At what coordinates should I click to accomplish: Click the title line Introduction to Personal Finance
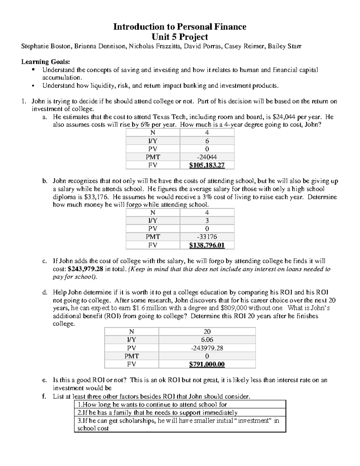[179, 27]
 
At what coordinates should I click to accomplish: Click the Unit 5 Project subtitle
[179, 37]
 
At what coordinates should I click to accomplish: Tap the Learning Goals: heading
[45, 62]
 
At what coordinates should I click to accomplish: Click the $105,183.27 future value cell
[207, 165]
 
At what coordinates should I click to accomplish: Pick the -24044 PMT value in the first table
[207, 157]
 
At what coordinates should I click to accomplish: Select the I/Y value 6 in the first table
[207, 141]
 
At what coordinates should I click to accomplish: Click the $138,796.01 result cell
[207, 245]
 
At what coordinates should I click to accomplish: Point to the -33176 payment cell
[207, 237]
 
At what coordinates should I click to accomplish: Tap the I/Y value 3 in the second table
[207, 221]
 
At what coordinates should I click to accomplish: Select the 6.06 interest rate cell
[207, 340]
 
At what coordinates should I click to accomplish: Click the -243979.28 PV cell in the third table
[207, 348]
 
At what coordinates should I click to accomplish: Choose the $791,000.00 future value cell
[207, 364]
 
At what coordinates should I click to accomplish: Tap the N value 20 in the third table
[207, 332]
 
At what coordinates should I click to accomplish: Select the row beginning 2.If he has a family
[157, 413]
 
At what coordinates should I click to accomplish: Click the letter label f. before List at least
[44, 396]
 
